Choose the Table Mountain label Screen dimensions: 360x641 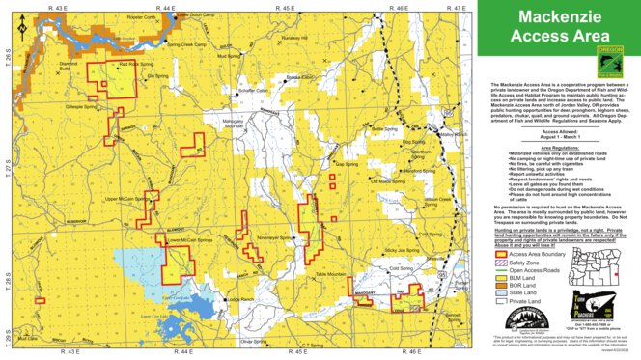(x=331, y=276)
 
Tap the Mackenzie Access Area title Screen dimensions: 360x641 (x=558, y=27)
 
